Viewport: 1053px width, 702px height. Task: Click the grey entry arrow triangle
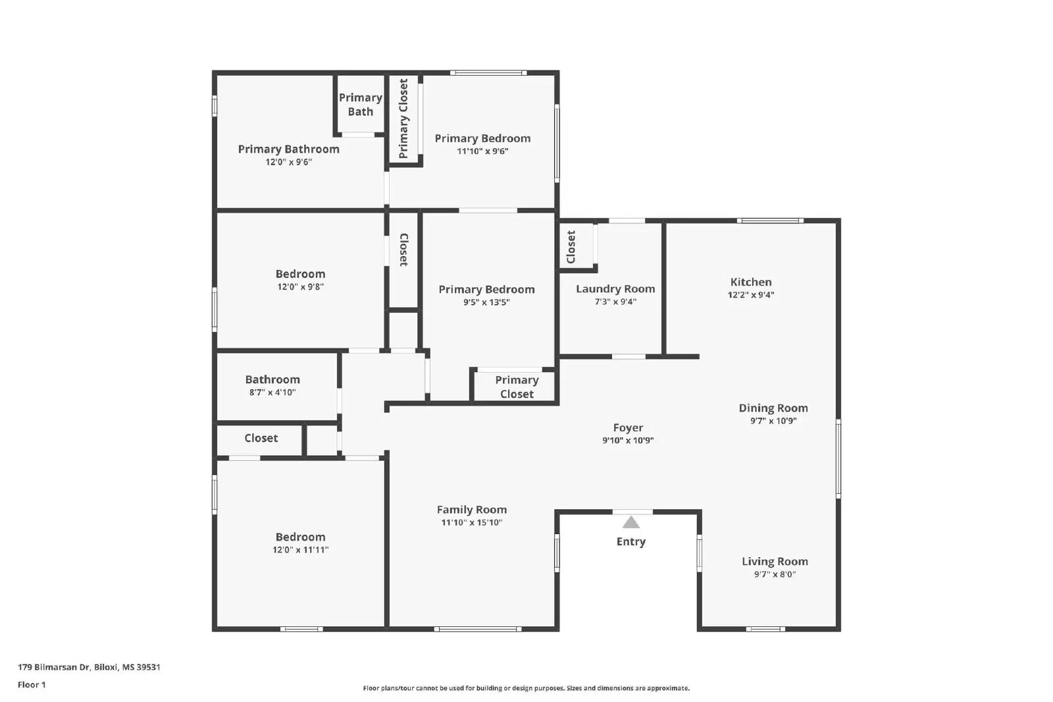click(x=630, y=523)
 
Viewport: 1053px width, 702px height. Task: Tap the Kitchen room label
click(x=750, y=282)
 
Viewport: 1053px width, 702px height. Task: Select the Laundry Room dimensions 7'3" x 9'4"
click(x=615, y=302)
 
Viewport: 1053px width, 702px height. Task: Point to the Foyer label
click(x=627, y=427)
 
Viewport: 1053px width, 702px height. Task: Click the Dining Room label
click(x=773, y=408)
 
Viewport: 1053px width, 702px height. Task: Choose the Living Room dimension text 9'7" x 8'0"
click(x=775, y=574)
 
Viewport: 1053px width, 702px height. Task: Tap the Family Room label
click(x=471, y=509)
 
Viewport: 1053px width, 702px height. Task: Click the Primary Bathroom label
click(x=288, y=149)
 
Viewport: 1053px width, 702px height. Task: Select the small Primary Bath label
click(x=360, y=105)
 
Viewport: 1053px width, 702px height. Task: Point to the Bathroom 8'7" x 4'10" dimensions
click(x=272, y=392)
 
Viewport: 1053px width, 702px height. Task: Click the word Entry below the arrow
click(x=630, y=541)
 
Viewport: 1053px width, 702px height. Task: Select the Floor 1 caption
click(x=32, y=684)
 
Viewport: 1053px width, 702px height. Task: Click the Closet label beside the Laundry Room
click(x=571, y=247)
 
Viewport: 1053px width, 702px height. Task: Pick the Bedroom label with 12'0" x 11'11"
click(x=300, y=537)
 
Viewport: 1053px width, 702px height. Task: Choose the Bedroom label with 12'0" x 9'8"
click(x=300, y=274)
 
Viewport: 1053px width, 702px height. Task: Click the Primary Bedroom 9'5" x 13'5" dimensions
click(x=486, y=302)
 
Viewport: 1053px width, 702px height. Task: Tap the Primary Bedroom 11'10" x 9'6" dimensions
click(x=482, y=151)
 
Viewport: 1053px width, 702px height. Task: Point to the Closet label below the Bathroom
click(x=261, y=438)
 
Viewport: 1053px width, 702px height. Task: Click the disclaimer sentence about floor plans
click(x=526, y=688)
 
